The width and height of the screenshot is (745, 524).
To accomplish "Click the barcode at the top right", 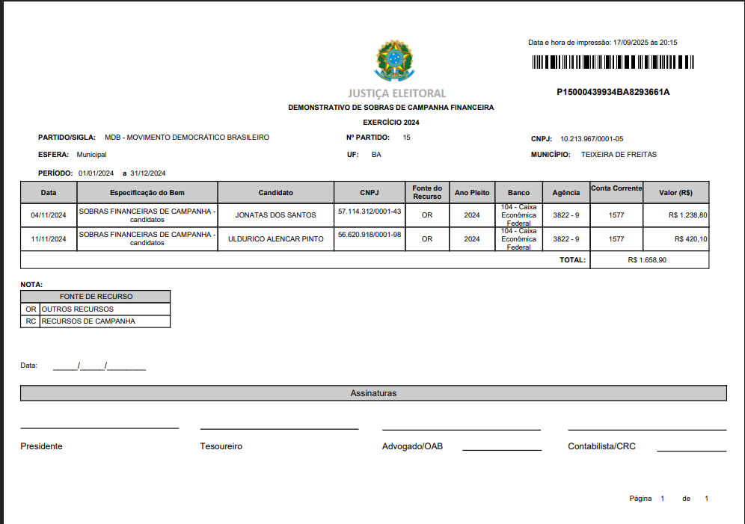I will (x=613, y=63).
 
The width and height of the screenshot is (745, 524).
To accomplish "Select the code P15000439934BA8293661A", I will (x=613, y=92).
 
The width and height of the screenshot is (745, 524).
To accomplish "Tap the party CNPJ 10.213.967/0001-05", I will (x=592, y=138).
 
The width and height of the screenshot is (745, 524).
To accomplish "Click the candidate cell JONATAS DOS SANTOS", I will (x=275, y=215).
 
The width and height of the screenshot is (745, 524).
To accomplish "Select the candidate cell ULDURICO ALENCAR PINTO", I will (x=275, y=239).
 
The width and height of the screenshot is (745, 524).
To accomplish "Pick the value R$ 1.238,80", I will (x=687, y=215).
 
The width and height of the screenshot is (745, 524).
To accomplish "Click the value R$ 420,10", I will (x=690, y=239).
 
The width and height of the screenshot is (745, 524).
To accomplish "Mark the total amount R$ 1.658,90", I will (x=647, y=260).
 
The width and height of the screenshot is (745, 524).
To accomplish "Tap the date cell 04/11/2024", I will (x=49, y=215).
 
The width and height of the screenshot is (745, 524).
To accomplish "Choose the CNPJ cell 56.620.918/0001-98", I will (x=370, y=235).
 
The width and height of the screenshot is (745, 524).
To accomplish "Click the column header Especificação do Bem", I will (x=147, y=193).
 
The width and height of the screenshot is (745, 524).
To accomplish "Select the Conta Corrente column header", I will (x=616, y=188).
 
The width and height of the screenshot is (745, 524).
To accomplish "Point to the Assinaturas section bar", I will (x=373, y=393).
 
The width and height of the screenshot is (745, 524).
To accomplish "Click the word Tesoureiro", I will (x=221, y=446).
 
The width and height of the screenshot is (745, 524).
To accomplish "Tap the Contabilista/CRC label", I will (x=601, y=446).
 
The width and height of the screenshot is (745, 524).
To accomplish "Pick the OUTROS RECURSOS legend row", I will (x=78, y=309).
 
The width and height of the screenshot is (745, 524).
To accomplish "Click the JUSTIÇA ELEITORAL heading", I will (x=396, y=93).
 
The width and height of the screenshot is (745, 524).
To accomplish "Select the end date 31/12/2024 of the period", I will (x=147, y=173).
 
